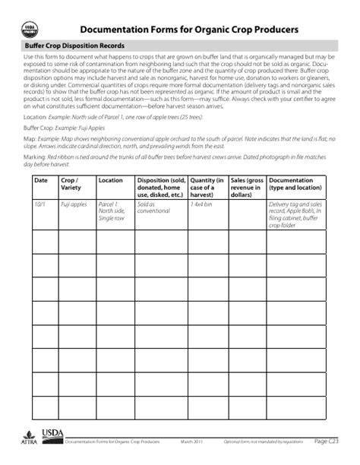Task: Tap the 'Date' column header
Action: tap(40, 181)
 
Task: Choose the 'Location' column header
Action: tap(111, 181)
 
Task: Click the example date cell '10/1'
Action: tap(39, 204)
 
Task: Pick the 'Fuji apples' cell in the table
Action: tap(74, 204)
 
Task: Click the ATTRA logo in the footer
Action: tap(29, 438)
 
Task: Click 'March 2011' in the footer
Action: tap(192, 441)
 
